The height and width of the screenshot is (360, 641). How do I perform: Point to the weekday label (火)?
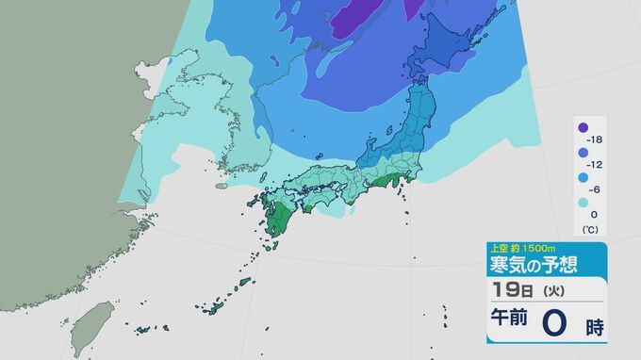[545, 289]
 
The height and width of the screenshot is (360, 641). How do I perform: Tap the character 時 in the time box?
[594, 327]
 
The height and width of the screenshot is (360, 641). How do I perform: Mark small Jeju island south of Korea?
[221, 185]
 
